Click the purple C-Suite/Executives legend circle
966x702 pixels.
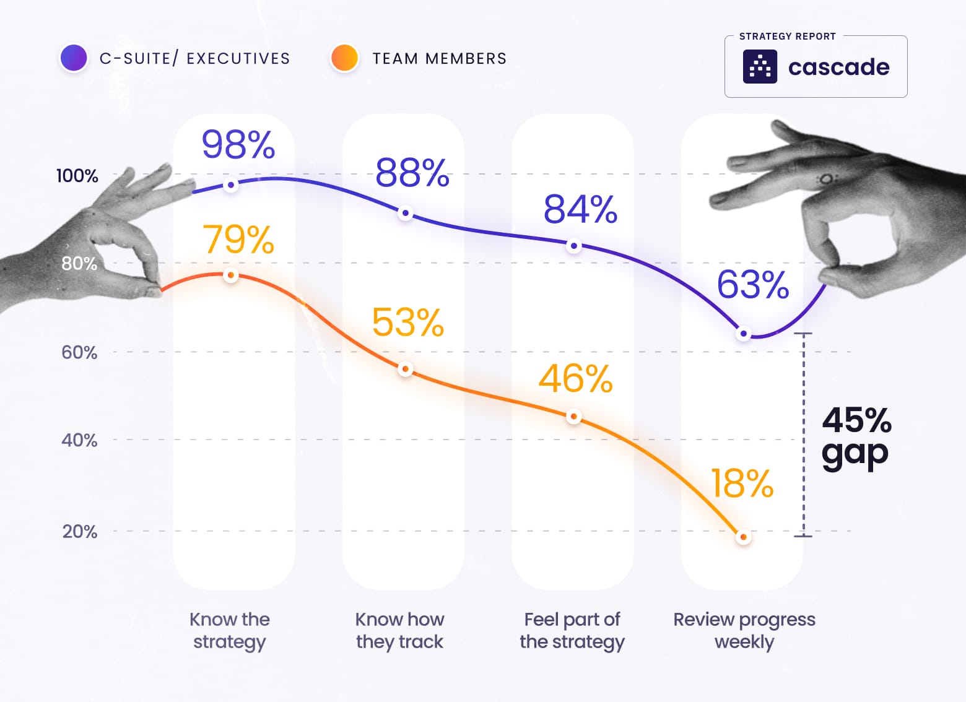(74, 58)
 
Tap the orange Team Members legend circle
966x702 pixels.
(345, 58)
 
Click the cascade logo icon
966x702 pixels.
(760, 67)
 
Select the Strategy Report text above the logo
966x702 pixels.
(787, 37)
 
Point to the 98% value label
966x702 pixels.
(238, 145)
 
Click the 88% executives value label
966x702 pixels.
(412, 173)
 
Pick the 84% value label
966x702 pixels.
(580, 209)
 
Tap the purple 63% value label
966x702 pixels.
(753, 285)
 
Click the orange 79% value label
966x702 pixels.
(238, 240)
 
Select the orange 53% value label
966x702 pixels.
(408, 323)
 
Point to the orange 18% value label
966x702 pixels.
(742, 483)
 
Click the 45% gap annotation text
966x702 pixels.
(856, 437)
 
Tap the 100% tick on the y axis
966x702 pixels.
(77, 176)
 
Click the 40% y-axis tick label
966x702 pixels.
(79, 440)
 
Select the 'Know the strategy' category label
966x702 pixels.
(230, 630)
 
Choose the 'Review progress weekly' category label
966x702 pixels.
(744, 630)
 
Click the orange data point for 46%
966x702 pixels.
(574, 417)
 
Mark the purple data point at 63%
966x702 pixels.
(744, 334)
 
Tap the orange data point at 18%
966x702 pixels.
(744, 537)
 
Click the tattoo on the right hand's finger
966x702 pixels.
(827, 180)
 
